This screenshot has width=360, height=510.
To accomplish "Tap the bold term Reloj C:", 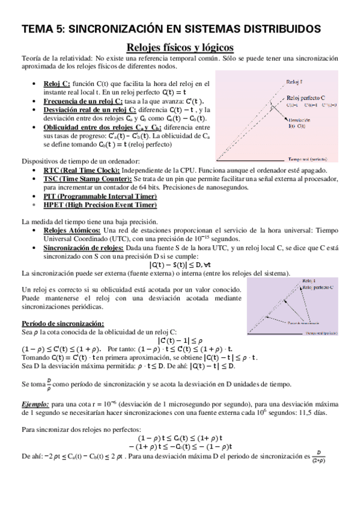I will click(x=57, y=83).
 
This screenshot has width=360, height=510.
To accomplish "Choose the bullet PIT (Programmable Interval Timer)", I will click(x=99, y=196).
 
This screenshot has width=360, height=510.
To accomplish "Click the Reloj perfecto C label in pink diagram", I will click(x=307, y=97).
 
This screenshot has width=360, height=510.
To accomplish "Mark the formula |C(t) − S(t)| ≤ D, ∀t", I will click(x=179, y=264).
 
